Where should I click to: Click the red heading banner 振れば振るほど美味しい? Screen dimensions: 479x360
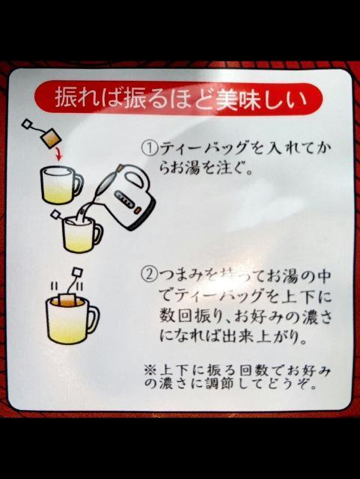(x=178, y=98)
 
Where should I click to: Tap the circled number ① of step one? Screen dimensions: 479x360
(x=149, y=148)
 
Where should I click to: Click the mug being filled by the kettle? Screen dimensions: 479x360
(x=81, y=234)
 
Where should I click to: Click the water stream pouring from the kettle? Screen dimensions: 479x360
(x=92, y=204)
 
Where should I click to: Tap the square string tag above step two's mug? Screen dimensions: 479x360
(x=77, y=270)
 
